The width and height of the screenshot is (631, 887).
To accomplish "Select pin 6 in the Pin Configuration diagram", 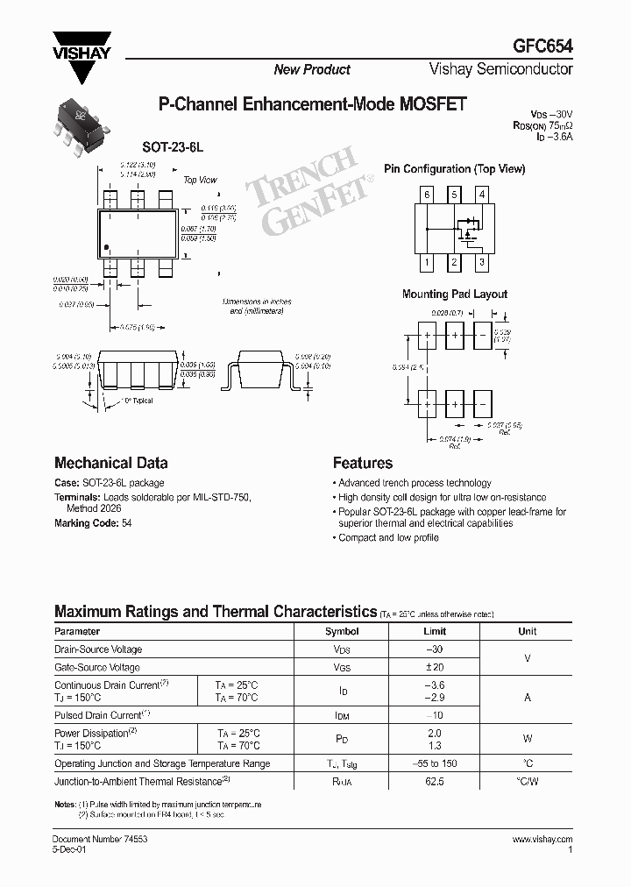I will (x=427, y=194).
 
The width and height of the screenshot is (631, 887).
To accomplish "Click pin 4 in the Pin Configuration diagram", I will (x=482, y=194).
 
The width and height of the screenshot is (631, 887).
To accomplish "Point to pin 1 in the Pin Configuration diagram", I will (x=427, y=262).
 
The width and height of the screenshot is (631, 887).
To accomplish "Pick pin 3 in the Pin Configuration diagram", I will (x=482, y=262).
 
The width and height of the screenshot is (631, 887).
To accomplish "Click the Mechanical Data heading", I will (x=110, y=463).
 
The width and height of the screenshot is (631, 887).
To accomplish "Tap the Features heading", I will (x=362, y=463).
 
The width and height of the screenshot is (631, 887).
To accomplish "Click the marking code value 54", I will (x=128, y=523).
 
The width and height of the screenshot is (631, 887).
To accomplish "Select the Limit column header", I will (x=435, y=631).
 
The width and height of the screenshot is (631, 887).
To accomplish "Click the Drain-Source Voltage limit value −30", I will (x=435, y=649).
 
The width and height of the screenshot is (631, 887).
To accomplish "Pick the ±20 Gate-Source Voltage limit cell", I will (x=435, y=668).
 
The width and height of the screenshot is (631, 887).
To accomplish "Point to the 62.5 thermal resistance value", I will (x=435, y=781).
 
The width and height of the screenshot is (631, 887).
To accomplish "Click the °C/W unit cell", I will (x=528, y=781).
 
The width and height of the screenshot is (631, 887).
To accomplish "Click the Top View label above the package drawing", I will (x=200, y=180).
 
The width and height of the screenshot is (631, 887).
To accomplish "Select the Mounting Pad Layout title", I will (x=454, y=294).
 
